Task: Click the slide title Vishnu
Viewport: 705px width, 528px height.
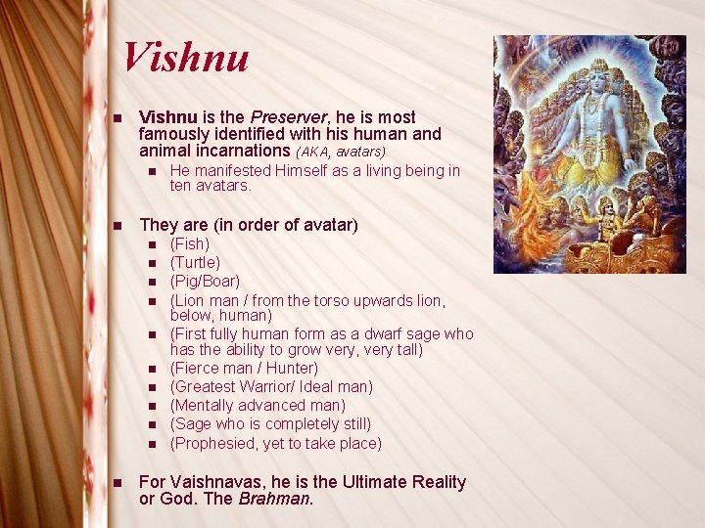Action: tap(186, 57)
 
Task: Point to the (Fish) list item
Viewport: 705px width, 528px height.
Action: tap(190, 244)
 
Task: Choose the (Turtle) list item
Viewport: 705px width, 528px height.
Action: tap(195, 263)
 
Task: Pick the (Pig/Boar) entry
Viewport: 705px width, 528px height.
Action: tap(205, 282)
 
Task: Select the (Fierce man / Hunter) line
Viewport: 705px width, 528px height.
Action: tap(244, 369)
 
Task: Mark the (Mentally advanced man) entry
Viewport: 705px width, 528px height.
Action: tap(258, 406)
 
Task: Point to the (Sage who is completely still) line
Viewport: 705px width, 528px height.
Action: tap(270, 424)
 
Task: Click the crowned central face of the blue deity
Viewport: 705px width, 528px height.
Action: tap(593, 78)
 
